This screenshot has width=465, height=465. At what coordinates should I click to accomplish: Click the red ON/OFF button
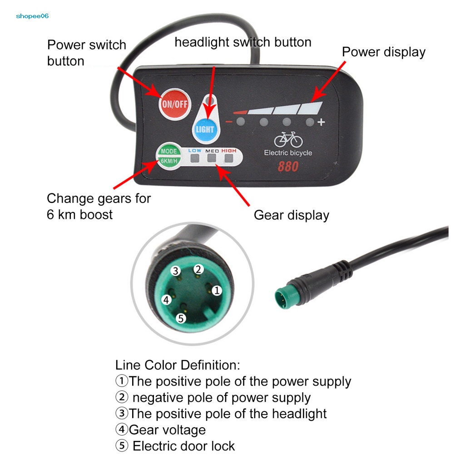tap(175, 104)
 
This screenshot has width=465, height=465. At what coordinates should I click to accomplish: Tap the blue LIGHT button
tap(204, 129)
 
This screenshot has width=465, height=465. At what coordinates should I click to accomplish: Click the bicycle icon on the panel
tap(288, 139)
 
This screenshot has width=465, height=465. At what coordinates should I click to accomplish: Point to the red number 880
tap(288, 167)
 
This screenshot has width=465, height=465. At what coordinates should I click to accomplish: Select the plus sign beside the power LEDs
tap(322, 122)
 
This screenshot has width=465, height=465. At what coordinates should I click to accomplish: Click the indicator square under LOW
tap(195, 158)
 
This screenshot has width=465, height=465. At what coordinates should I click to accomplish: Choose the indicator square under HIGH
tap(228, 158)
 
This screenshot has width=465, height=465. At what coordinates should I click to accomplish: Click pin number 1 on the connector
tap(217, 290)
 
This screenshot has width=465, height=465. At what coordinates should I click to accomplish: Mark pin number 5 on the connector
tap(181, 318)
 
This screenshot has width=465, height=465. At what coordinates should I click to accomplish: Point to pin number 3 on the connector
tap(176, 271)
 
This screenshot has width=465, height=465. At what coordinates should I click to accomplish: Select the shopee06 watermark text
tap(32, 16)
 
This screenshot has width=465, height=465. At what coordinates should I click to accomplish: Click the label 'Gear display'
tap(291, 215)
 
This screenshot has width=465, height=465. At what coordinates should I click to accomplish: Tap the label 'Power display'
tap(383, 52)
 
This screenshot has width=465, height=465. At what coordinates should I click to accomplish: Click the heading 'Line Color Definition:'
tap(178, 365)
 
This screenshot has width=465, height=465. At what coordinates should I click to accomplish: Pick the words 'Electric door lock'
tap(183, 446)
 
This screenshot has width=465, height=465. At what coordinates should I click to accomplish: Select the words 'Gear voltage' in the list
tap(167, 430)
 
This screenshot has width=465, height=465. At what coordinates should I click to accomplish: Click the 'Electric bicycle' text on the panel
tap(288, 153)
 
